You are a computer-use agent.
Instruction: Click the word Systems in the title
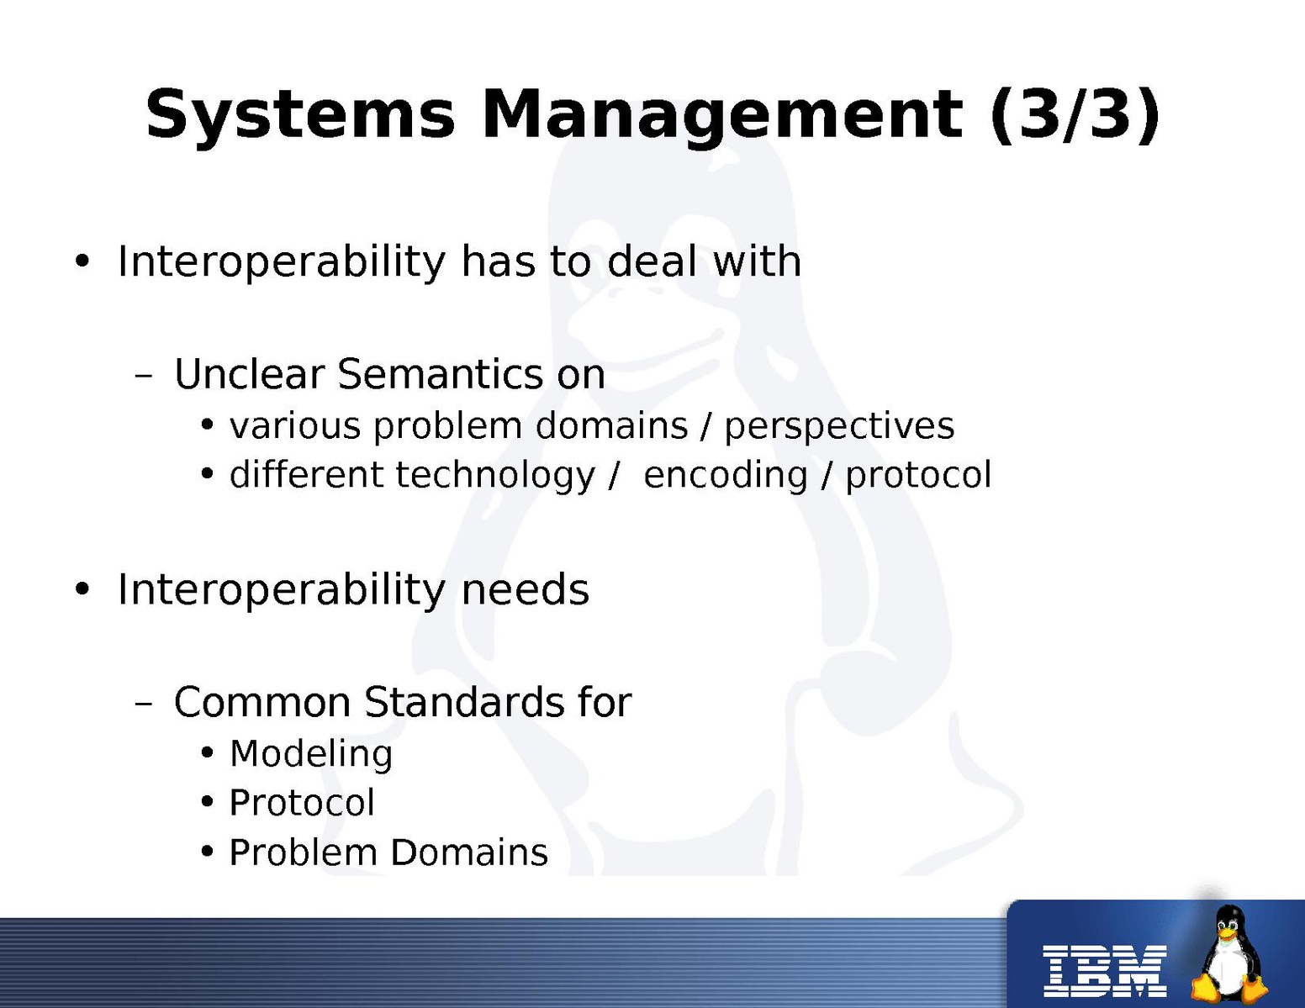(300, 115)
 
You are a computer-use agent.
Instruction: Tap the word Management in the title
(721, 115)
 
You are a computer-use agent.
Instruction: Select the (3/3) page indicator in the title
(1075, 115)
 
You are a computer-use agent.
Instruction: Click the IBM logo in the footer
(1104, 971)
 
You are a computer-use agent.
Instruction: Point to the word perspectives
(839, 427)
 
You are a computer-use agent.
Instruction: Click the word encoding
(726, 476)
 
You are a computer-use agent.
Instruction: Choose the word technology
(495, 476)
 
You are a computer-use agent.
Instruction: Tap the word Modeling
(311, 755)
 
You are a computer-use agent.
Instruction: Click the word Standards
(463, 702)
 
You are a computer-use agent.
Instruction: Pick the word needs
(525, 589)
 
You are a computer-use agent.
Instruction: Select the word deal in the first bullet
(652, 261)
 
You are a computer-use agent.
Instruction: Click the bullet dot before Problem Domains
(207, 852)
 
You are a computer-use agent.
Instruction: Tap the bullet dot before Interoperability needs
(82, 589)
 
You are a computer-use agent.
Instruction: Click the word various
(295, 427)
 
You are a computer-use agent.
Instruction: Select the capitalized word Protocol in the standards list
(302, 803)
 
